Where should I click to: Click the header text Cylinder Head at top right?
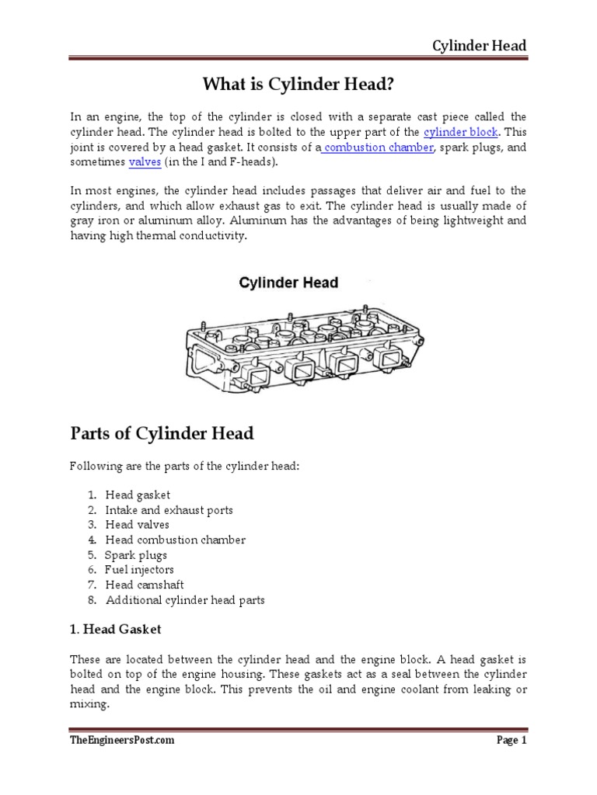coord(479,45)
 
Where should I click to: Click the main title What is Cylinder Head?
coord(298,83)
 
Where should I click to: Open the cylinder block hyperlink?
coord(460,132)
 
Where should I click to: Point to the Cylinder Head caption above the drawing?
coord(288,283)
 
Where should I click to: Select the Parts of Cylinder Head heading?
coord(162,433)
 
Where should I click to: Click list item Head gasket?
coord(138,495)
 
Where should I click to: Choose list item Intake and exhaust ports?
coord(169,510)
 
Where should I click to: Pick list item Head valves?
coord(137,525)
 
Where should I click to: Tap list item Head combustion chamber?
coord(175,540)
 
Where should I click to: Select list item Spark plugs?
coord(136,555)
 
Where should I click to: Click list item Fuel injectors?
coord(139,570)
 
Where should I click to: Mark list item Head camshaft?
coord(145,585)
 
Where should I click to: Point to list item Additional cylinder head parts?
coord(185,600)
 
